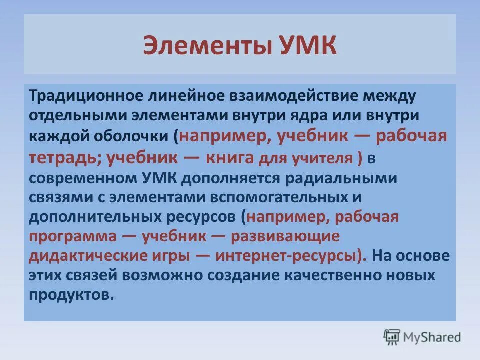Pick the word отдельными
79,116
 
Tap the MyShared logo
422,336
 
